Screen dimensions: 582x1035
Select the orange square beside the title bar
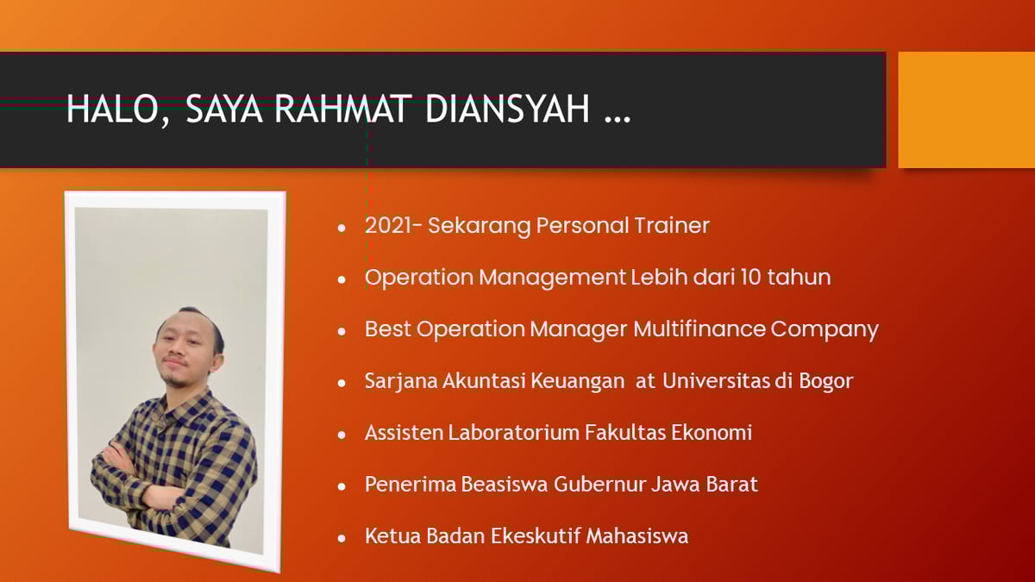(966, 110)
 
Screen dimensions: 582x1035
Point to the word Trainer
(672, 226)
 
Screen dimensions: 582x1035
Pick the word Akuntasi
(479, 381)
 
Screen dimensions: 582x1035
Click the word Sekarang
(480, 226)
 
